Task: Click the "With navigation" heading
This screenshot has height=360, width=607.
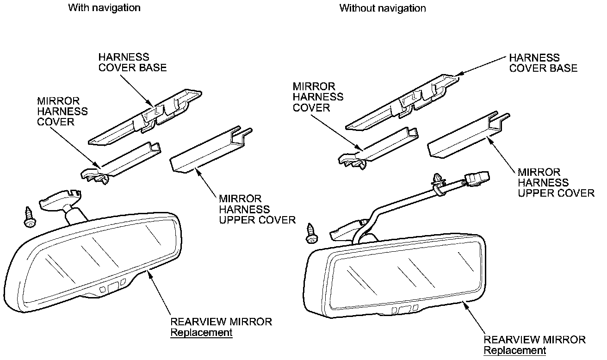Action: point(104,8)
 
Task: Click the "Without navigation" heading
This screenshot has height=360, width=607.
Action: point(382,8)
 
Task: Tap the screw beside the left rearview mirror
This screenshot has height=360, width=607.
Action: point(30,217)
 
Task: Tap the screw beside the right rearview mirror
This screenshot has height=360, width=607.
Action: point(312,233)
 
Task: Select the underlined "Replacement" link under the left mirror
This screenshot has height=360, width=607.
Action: point(201,332)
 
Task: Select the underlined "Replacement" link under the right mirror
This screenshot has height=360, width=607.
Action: point(514,350)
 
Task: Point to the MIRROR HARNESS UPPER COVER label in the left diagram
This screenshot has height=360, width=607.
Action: point(257,209)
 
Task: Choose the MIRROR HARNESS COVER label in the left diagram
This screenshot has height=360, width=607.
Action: point(62,111)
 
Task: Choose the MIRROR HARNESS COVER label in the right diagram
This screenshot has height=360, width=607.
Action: point(318,97)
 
